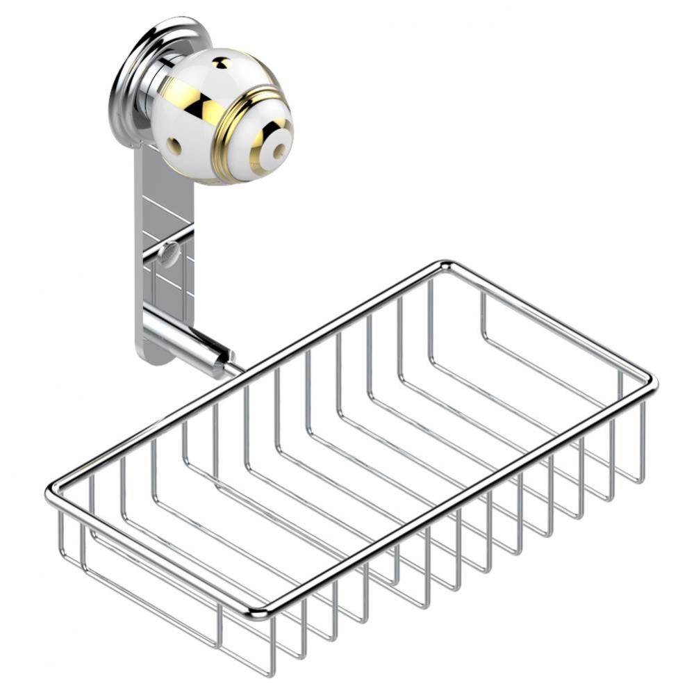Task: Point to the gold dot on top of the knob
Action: click(220, 64)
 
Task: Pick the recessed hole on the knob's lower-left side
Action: click(173, 146)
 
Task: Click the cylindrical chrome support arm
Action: click(188, 341)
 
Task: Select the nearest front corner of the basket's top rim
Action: click(257, 612)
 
